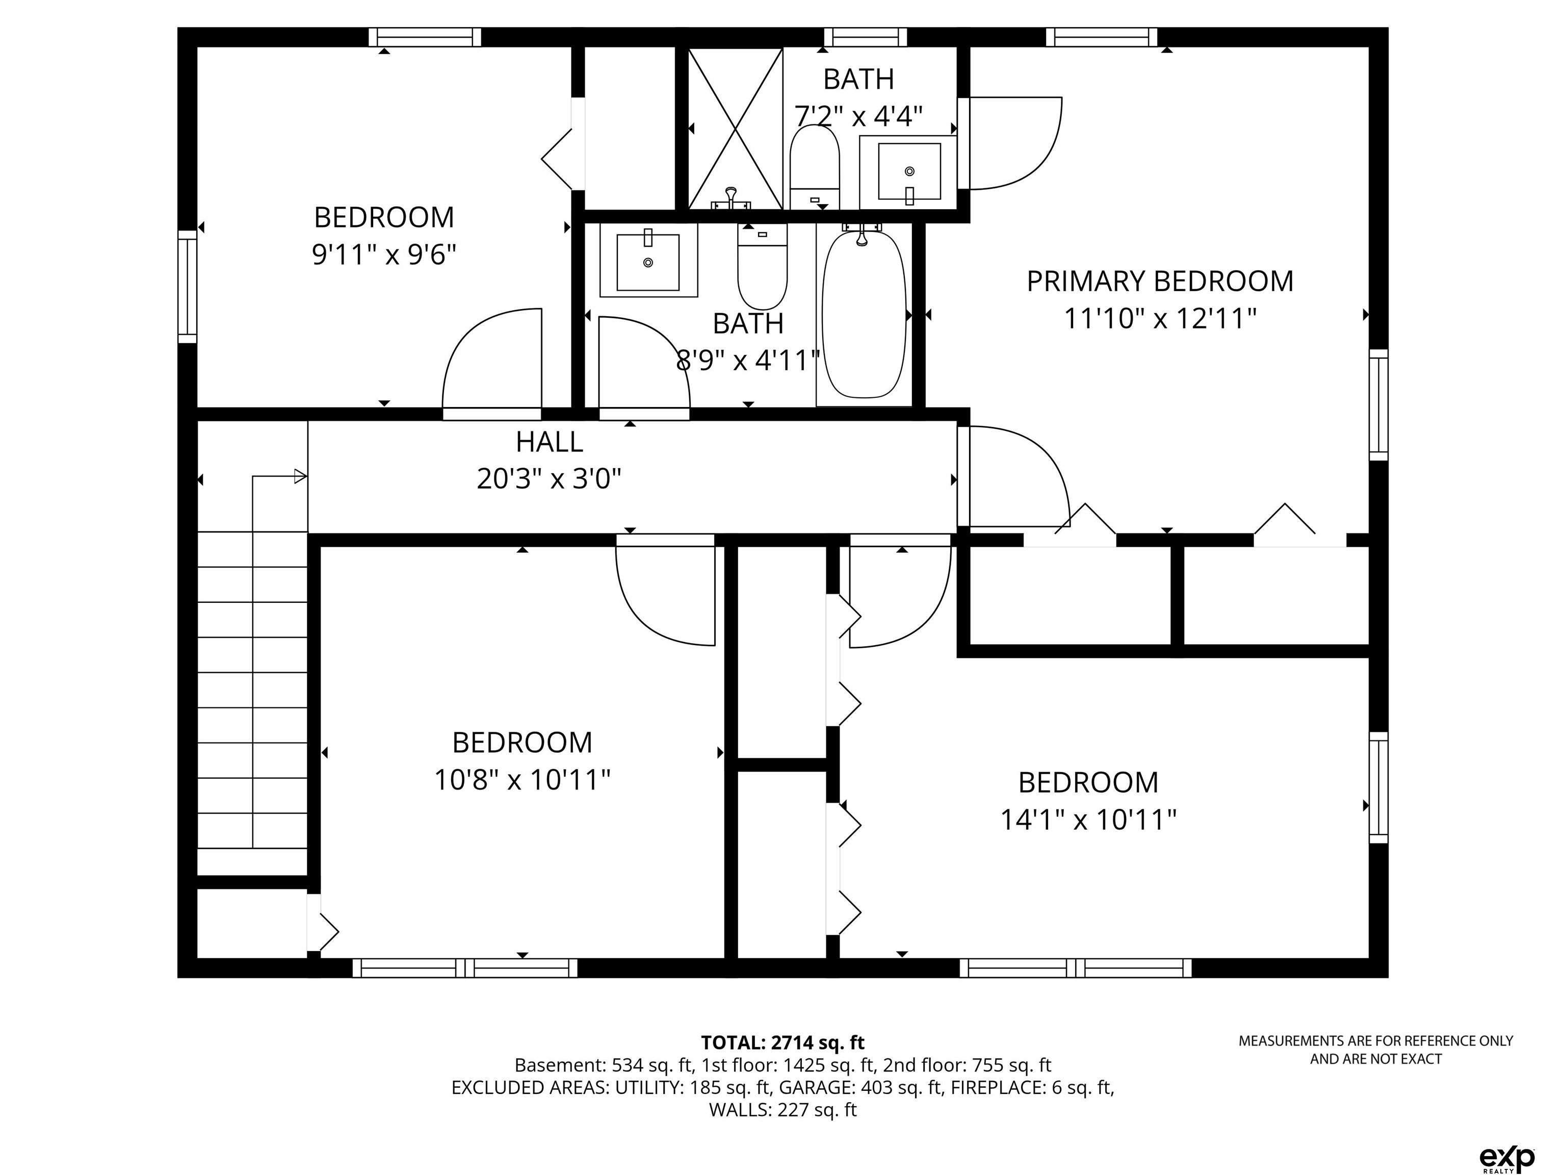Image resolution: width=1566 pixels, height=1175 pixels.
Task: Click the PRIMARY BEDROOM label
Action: tap(1160, 281)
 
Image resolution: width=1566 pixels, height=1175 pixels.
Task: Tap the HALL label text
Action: tap(550, 442)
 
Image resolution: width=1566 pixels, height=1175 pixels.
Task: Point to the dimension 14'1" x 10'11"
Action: tap(1088, 820)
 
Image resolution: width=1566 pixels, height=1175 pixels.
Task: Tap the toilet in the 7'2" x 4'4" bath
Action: tap(814, 168)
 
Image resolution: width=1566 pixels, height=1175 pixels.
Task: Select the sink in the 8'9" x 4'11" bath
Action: tap(648, 260)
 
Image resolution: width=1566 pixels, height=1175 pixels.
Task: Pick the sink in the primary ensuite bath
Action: tap(909, 172)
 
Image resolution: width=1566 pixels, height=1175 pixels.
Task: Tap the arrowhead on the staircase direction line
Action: tap(301, 477)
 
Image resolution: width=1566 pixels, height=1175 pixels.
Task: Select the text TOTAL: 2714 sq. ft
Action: tap(782, 1042)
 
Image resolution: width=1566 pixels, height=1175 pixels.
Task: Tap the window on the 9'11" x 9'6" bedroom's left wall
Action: tap(187, 286)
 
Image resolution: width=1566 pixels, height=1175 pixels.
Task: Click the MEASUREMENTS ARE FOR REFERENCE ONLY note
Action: tap(1375, 1050)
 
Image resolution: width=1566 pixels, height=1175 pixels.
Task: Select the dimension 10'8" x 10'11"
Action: tap(522, 780)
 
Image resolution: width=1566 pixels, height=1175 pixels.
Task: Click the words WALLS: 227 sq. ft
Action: tap(782, 1110)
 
